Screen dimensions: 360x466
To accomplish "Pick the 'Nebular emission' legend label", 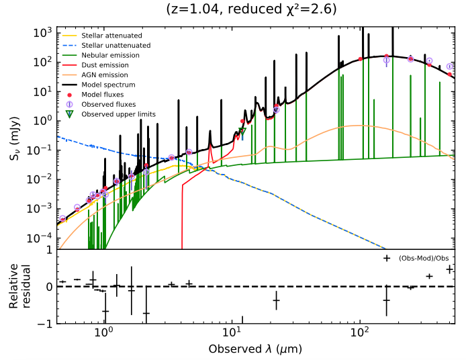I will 105,55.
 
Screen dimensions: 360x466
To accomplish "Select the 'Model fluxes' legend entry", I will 99,95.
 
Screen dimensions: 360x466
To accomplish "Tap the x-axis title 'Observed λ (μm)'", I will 255,349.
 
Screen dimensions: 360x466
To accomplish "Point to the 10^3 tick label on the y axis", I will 42,32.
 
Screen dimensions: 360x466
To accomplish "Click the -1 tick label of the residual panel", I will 44,324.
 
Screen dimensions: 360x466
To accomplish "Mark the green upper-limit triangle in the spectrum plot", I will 242,131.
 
